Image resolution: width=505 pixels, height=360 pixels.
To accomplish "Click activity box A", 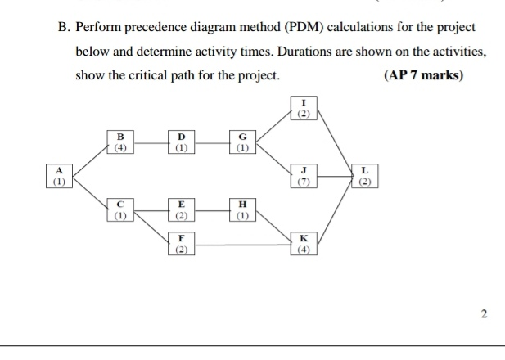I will point(59,176).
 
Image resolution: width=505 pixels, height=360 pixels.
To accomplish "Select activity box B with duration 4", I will point(121,142).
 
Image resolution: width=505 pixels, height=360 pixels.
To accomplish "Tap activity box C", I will point(121,210).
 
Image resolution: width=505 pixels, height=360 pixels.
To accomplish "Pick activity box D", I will point(181,142).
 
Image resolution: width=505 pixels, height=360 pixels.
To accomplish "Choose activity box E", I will point(181,210).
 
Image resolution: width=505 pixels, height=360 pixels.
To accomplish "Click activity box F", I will point(181,244).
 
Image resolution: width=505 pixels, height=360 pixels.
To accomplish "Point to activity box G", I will point(241,142).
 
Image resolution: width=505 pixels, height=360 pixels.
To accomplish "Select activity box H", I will point(241,210).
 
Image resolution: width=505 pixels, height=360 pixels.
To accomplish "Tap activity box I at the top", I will point(303,109).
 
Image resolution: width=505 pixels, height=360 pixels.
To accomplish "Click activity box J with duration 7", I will point(303,176).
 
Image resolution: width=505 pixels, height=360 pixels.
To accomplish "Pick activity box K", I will point(303,244).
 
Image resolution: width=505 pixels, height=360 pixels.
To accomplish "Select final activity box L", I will point(364,176).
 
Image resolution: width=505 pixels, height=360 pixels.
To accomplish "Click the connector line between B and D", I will point(151,143).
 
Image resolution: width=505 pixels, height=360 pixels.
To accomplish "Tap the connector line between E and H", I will point(211,211).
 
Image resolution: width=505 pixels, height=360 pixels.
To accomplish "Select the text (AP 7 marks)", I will point(422,75).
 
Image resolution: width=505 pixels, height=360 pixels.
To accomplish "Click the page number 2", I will point(483,313).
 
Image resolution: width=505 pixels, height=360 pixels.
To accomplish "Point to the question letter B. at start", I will point(63,27).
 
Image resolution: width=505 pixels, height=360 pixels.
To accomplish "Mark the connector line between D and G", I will point(211,143).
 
